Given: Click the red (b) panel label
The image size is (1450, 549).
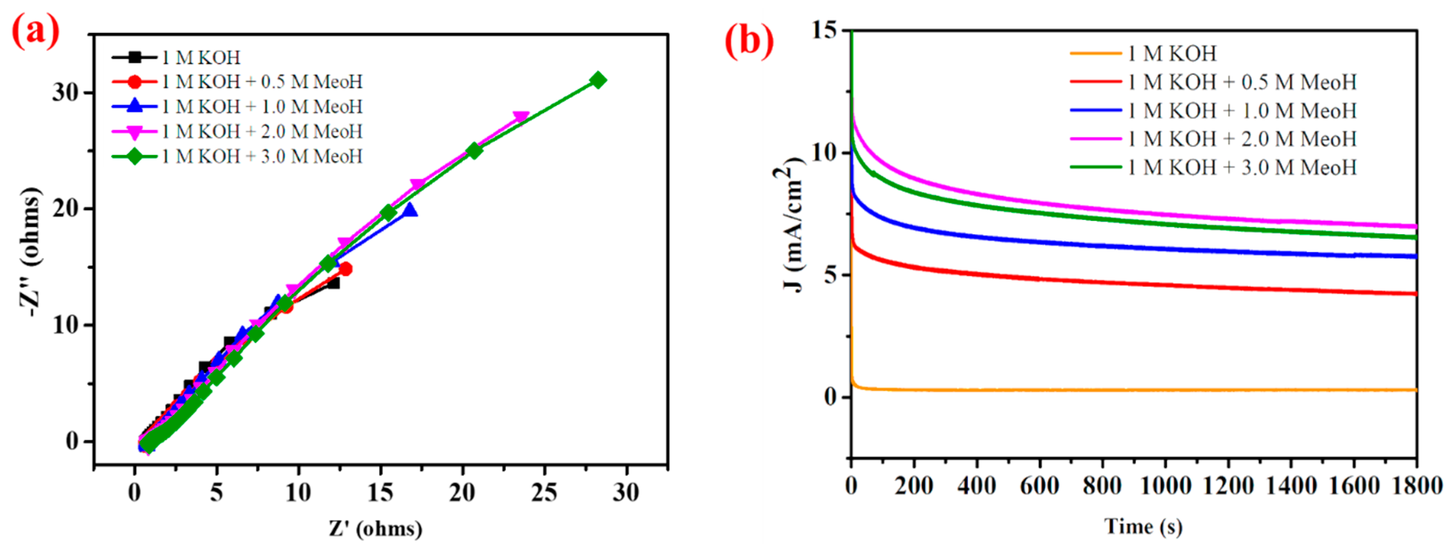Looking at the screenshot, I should pos(749,41).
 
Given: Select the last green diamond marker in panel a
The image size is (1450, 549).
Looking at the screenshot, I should pos(598,81).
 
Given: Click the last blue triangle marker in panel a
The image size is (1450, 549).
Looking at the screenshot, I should pos(410,210).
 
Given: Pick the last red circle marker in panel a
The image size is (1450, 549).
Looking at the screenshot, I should pos(346,269).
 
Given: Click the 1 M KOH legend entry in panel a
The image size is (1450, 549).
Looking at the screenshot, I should pos(200,57).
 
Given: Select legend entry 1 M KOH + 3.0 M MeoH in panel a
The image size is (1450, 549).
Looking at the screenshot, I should pos(262,156).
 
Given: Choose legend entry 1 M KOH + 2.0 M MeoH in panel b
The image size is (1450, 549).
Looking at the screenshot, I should pos(1242,138).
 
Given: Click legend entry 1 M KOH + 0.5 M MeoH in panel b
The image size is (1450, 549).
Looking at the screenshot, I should pos(1242,82).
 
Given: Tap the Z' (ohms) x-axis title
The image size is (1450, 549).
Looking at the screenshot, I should pos(376,528).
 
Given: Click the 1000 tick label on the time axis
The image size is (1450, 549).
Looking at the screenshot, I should pos(1165,485).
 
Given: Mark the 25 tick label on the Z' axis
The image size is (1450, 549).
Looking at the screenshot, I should pos(544,493).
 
